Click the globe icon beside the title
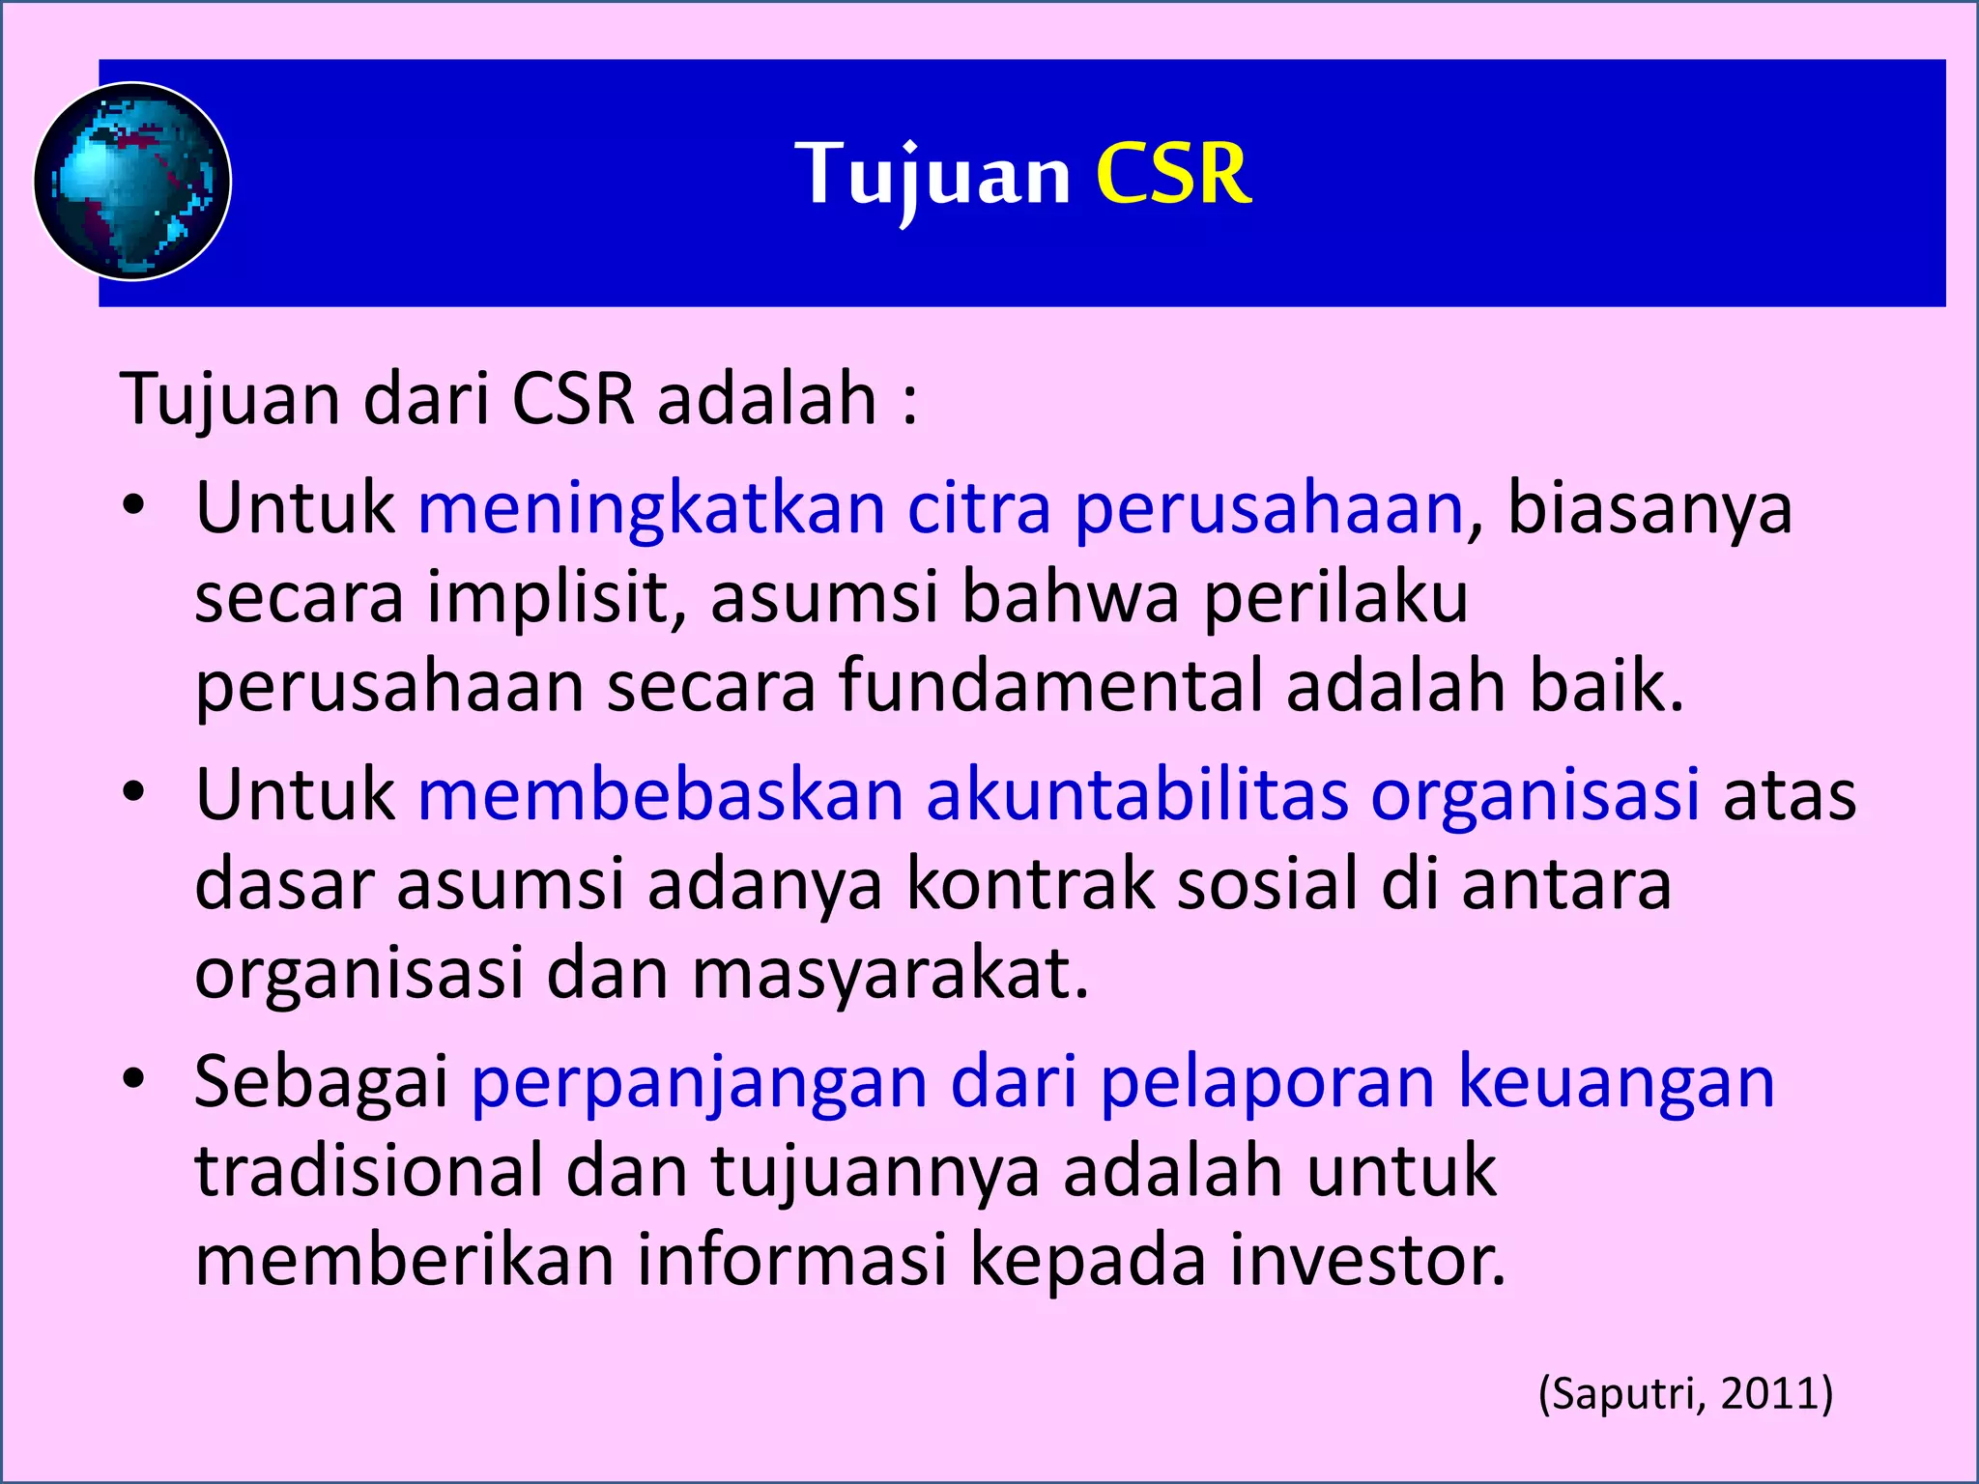(132, 182)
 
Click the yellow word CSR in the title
(1173, 175)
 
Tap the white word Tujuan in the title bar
(932, 175)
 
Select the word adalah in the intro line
(766, 398)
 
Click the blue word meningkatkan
(650, 508)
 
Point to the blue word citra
(978, 508)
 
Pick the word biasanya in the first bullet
(1649, 508)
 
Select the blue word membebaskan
(660, 795)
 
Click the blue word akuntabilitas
(1136, 795)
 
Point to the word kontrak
(1029, 884)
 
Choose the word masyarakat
(890, 973)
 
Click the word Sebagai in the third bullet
(321, 1082)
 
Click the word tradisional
(369, 1171)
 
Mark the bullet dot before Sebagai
(133, 1079)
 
